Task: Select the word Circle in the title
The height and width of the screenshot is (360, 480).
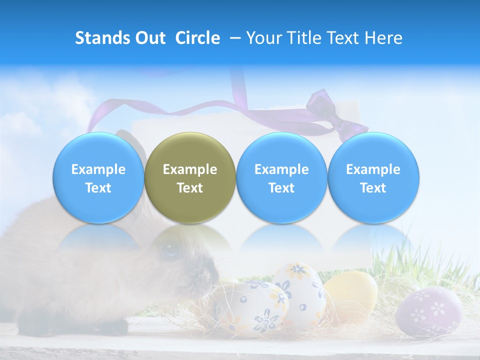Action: pos(197,38)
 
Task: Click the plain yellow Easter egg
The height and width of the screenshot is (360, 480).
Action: pos(350,295)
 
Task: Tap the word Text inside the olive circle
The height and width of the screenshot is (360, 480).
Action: pos(190,188)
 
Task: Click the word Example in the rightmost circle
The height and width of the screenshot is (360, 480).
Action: pos(373,169)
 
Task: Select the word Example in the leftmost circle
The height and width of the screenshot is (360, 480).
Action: pos(98,169)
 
